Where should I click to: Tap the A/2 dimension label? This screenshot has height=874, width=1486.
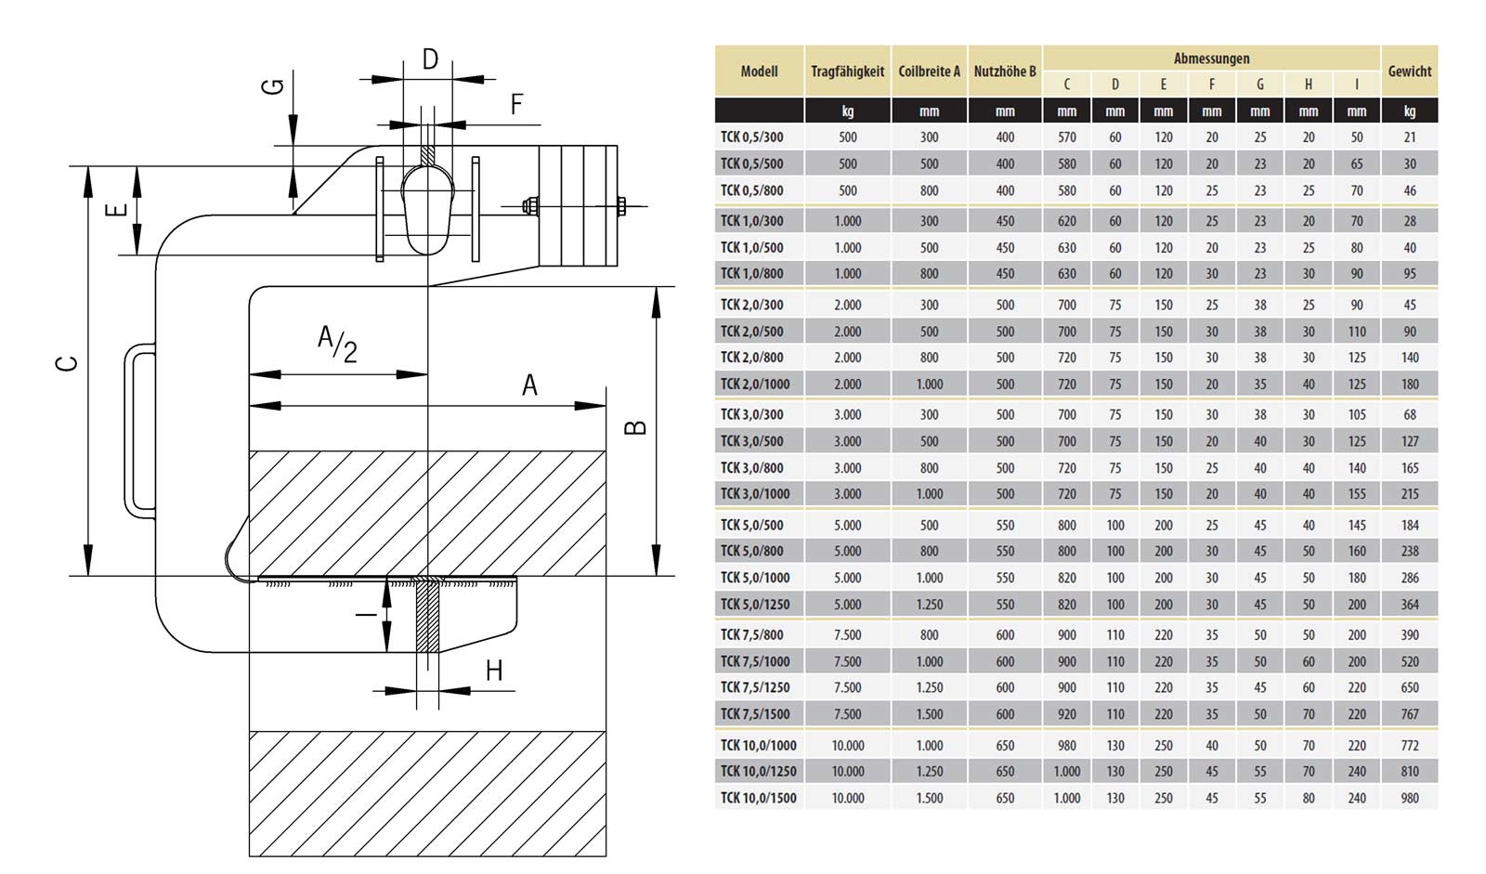[x=337, y=343]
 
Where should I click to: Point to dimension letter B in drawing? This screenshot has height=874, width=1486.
[x=635, y=426]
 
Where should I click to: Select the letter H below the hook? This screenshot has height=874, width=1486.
[x=494, y=671]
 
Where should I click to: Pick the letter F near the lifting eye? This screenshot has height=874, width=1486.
[x=517, y=104]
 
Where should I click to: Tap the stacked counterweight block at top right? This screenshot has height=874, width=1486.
[x=578, y=205]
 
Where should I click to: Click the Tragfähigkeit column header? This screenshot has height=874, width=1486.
[x=847, y=72]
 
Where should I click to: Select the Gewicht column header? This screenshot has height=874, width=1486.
[x=1409, y=72]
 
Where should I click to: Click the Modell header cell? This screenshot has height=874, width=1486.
[x=759, y=72]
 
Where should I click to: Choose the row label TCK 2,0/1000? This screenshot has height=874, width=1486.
[x=755, y=385]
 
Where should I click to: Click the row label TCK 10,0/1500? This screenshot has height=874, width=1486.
[x=758, y=798]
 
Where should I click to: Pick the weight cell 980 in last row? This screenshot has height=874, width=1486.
[x=1410, y=798]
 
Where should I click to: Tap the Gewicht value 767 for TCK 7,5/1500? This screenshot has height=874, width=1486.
[x=1410, y=714]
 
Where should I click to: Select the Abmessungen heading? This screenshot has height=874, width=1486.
[x=1211, y=59]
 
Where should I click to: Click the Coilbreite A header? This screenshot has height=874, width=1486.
[x=929, y=72]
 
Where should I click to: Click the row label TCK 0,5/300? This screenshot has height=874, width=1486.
[x=752, y=137]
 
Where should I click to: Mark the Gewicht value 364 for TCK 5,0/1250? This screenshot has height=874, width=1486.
[x=1410, y=605]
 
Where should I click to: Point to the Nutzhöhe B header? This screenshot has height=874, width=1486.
[x=1005, y=72]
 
